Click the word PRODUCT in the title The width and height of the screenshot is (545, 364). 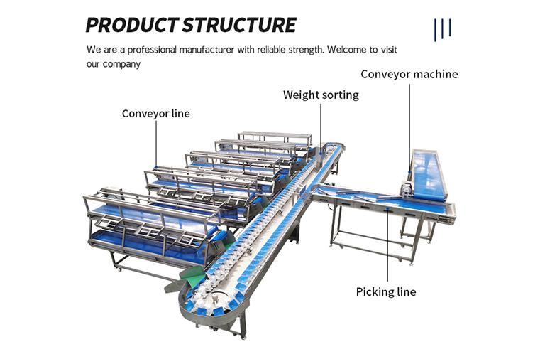point(132,25)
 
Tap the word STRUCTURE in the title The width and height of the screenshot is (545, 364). point(239,25)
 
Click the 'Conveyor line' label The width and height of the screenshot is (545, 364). point(155,113)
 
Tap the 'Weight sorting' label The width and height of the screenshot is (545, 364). point(321,95)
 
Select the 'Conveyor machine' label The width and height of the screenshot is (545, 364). point(409,74)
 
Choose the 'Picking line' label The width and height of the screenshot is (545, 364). point(385,291)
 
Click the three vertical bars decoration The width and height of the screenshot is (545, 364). point(443,28)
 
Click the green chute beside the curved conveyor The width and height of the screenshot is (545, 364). point(190,274)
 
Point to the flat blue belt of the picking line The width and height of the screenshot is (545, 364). point(383,199)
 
